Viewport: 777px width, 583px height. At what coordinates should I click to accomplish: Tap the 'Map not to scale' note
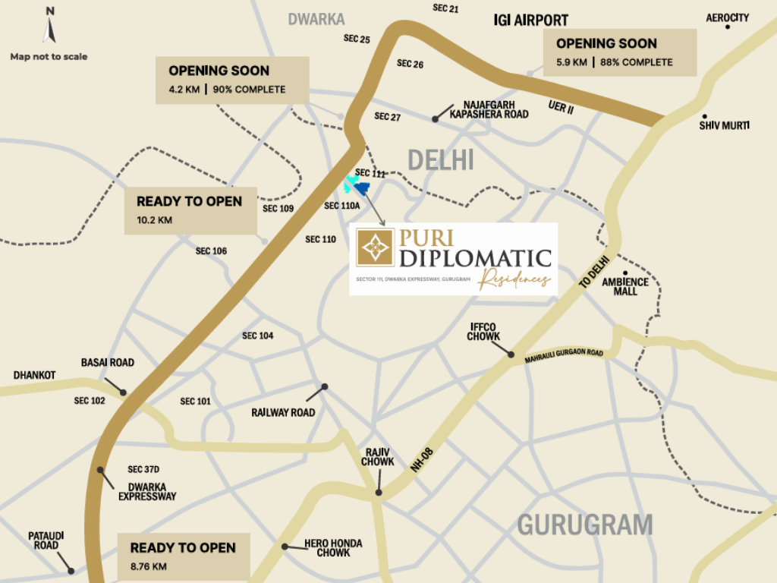[x=49, y=56]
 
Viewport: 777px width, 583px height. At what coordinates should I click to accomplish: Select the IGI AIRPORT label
[x=530, y=20]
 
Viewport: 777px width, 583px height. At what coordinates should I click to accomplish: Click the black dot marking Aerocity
[x=728, y=27]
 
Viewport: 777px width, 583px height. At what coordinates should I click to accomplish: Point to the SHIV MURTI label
[x=724, y=124]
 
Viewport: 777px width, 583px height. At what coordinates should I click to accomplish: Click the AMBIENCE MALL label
[x=626, y=286]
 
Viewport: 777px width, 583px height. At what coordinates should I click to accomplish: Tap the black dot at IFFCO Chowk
[x=511, y=355]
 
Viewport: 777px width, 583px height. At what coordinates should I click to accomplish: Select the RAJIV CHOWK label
[x=377, y=457]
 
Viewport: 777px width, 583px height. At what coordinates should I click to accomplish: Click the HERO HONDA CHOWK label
[x=333, y=548]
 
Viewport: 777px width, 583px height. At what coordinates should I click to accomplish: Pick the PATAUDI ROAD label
[x=46, y=540]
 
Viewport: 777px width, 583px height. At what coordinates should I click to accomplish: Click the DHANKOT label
[x=34, y=375]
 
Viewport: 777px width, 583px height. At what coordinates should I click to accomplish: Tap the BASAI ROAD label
[x=107, y=363]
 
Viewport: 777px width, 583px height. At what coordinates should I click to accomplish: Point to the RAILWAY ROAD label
[x=282, y=413]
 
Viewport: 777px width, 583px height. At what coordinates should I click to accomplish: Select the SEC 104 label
[x=258, y=336]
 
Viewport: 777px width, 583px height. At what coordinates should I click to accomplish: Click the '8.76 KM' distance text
[x=148, y=566]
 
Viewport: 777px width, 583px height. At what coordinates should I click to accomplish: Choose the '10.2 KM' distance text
[x=154, y=220]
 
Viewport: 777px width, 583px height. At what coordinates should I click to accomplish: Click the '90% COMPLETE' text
[x=250, y=90]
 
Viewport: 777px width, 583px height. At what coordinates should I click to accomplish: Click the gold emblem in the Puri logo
[x=375, y=247]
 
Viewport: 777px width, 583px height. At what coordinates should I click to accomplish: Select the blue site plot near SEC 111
[x=361, y=188]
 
